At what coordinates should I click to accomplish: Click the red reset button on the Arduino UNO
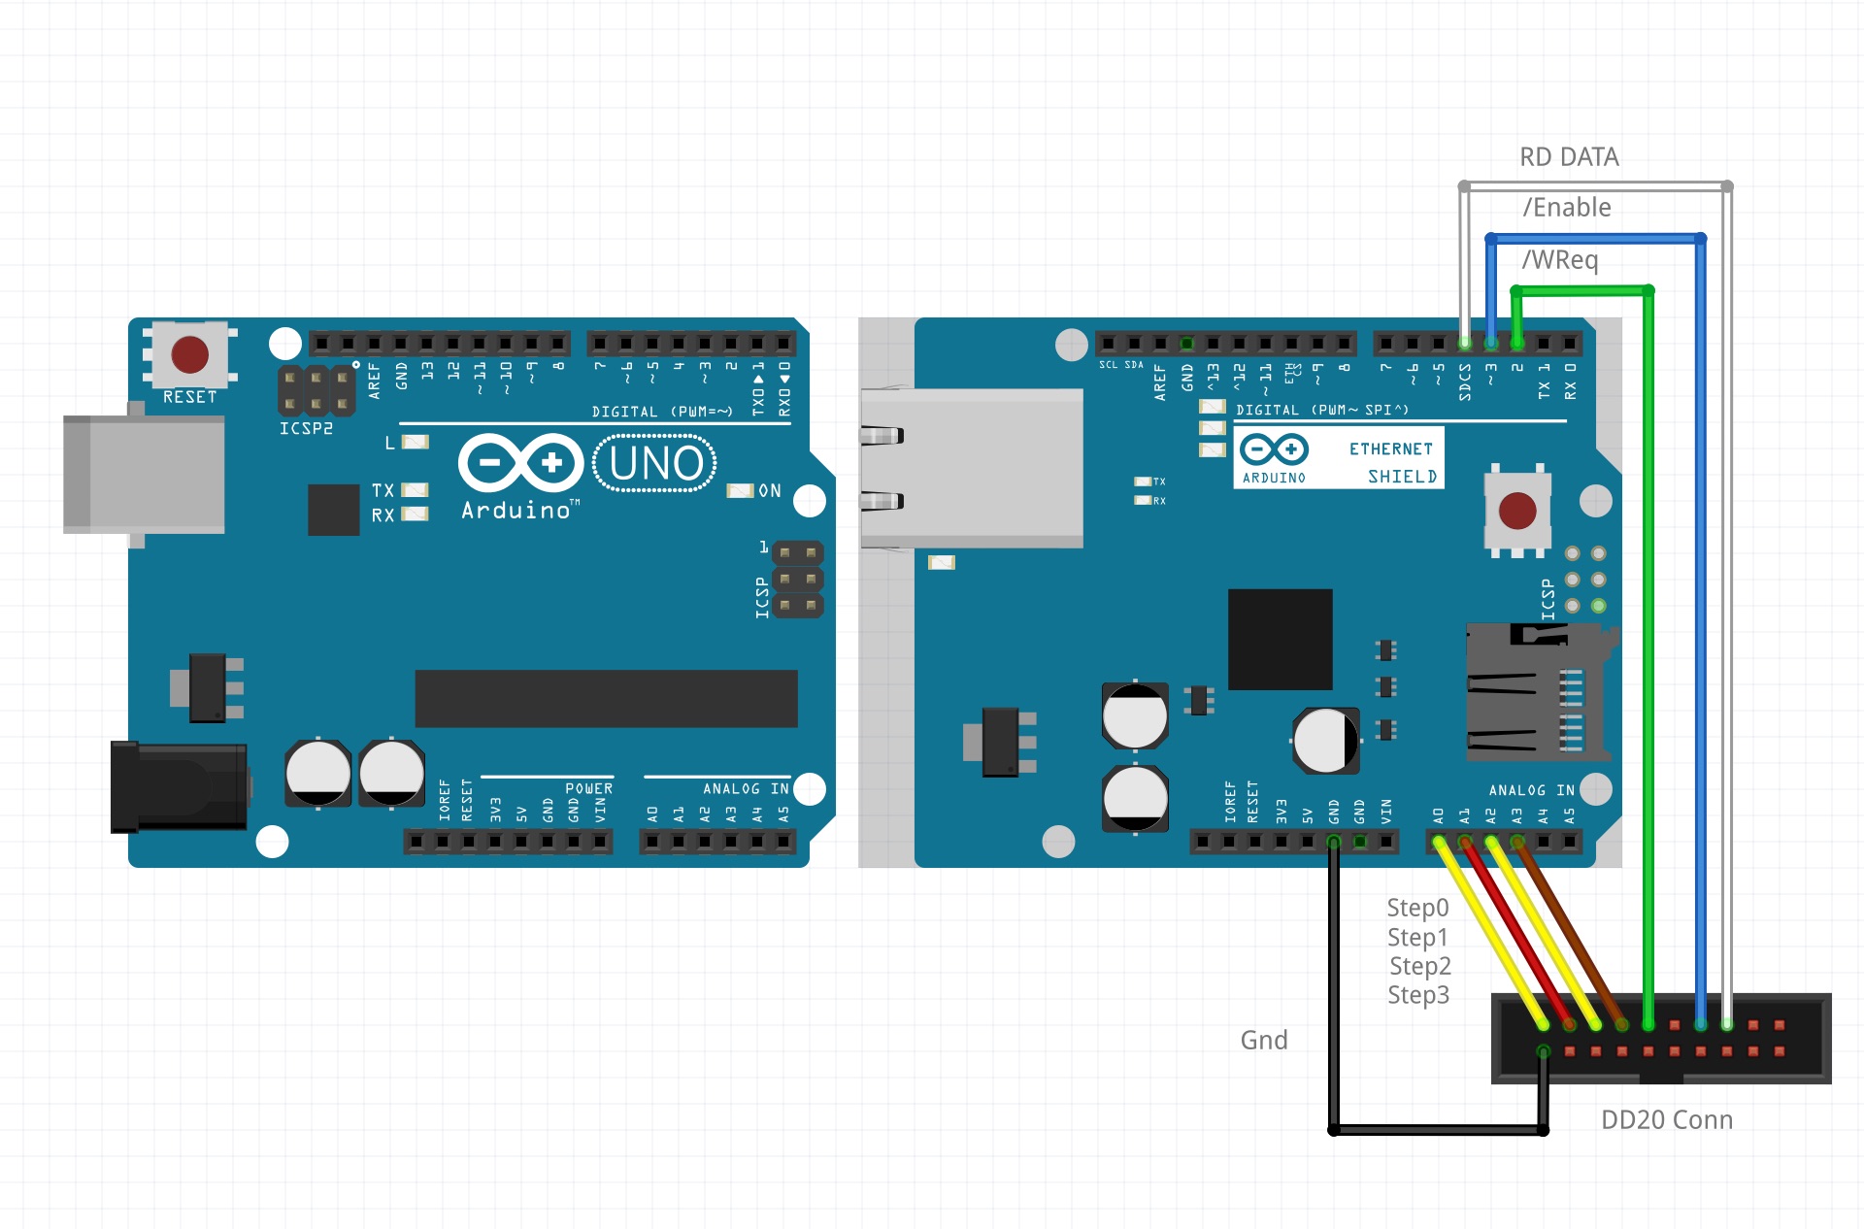click(x=189, y=354)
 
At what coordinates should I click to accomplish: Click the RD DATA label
click(x=1569, y=157)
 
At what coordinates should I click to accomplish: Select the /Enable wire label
click(x=1567, y=208)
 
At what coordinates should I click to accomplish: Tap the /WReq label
click(x=1559, y=260)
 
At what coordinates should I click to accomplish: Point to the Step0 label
click(x=1417, y=908)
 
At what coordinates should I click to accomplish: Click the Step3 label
click(x=1418, y=995)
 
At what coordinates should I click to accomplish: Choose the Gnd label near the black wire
click(x=1264, y=1041)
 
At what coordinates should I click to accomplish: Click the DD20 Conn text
click(x=1666, y=1120)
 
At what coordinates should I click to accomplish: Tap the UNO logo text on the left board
click(x=655, y=464)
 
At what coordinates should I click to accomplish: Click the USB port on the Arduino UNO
click(x=144, y=475)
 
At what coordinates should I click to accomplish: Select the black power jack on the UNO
click(x=179, y=786)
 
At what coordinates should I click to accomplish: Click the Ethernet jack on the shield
click(x=971, y=468)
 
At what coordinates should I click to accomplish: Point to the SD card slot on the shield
click(x=1534, y=692)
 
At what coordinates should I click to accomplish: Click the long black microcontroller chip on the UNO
click(x=606, y=698)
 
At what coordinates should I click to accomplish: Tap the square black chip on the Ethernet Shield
click(x=1280, y=639)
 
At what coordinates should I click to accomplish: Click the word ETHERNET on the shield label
click(x=1390, y=449)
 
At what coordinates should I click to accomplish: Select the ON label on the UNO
click(x=769, y=491)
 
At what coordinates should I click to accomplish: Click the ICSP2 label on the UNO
click(x=306, y=429)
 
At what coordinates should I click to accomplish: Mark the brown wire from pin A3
click(x=1569, y=932)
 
